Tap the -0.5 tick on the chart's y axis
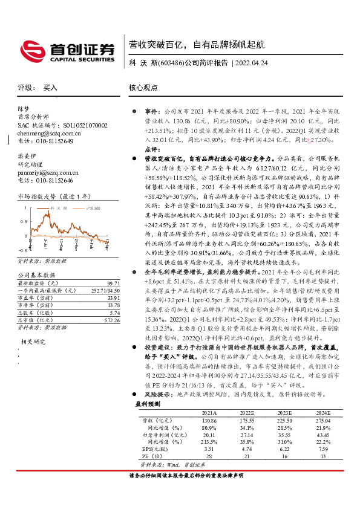click(22, 249)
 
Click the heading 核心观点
click(143, 88)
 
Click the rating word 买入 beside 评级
click(50, 88)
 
